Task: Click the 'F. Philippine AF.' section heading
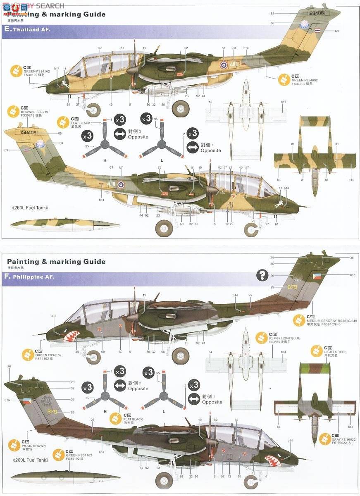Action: point(30,277)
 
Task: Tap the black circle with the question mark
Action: point(262,275)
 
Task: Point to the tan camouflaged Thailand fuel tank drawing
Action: point(64,224)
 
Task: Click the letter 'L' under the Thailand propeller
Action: point(162,160)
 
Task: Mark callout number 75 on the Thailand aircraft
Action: point(160,167)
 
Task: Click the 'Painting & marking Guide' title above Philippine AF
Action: point(56,262)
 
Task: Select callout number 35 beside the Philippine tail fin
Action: point(272,263)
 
